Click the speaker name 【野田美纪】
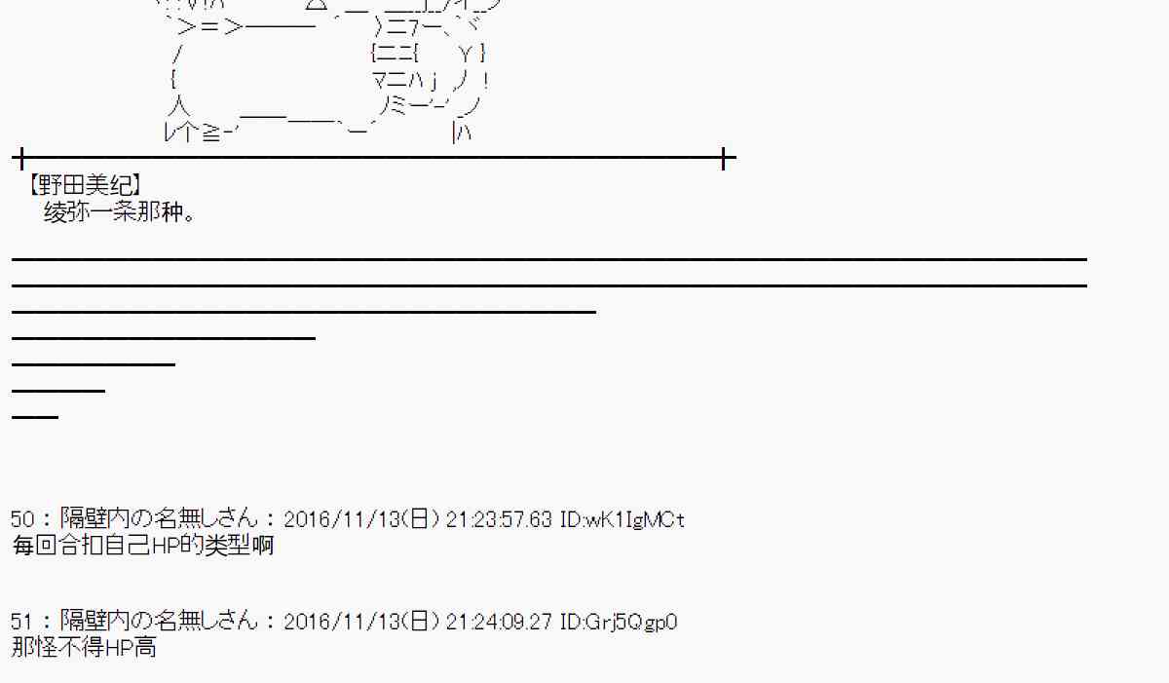coord(84,185)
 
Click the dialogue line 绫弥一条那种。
coord(120,211)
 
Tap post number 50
coord(22,519)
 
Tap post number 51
coord(21,622)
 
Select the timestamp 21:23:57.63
coord(499,519)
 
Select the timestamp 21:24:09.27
coord(499,622)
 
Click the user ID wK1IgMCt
coord(635,519)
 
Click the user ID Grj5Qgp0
coord(631,622)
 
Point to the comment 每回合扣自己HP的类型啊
coord(143,546)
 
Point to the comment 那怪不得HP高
coord(84,648)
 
